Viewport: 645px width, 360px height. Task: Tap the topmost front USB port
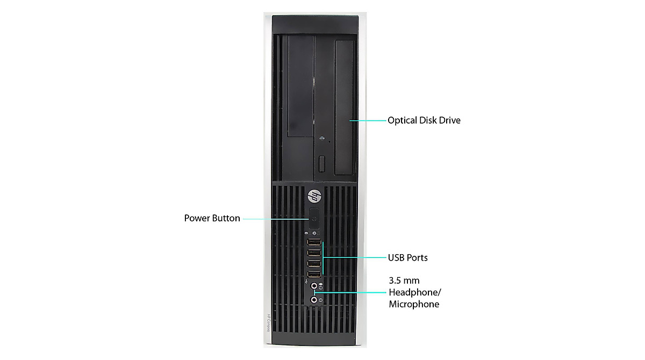click(x=314, y=242)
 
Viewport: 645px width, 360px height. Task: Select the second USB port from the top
click(x=314, y=253)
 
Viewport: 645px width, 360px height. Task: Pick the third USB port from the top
click(x=314, y=264)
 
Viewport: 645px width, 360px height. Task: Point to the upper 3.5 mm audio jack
click(x=314, y=287)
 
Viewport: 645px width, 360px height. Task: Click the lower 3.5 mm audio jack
click(x=314, y=299)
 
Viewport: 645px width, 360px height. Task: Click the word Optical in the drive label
click(x=402, y=120)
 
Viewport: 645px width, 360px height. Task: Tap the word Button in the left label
click(x=227, y=219)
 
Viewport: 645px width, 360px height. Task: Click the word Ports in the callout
click(x=417, y=258)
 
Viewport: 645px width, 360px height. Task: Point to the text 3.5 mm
click(x=404, y=280)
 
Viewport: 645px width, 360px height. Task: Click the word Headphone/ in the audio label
click(x=414, y=292)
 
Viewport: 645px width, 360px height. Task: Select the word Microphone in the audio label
click(x=414, y=304)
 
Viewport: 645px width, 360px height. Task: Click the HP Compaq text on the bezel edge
click(x=267, y=322)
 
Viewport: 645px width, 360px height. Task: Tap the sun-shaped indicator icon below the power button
click(x=322, y=234)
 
